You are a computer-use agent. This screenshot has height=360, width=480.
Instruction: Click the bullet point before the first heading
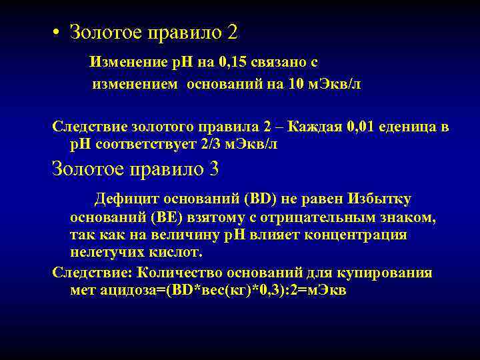[x=58, y=32]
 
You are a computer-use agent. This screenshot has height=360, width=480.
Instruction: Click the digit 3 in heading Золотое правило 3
[x=213, y=169]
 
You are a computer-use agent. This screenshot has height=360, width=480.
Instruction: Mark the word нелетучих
[x=103, y=253]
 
